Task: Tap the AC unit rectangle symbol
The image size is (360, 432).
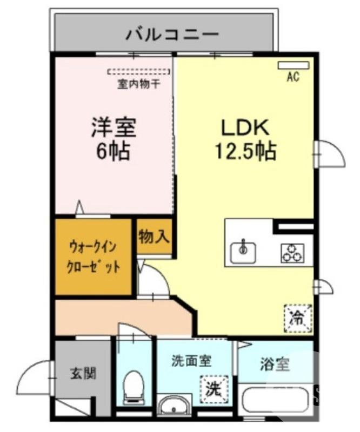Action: click(294, 65)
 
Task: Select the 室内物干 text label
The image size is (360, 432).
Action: click(137, 84)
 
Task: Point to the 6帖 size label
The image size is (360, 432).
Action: click(113, 151)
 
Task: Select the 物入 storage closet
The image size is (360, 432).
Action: click(154, 237)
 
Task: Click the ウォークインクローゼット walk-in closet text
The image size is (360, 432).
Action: click(94, 257)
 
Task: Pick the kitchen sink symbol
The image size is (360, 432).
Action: click(243, 250)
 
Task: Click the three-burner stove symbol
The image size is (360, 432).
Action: click(292, 253)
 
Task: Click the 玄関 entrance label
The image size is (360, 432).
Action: click(83, 373)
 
